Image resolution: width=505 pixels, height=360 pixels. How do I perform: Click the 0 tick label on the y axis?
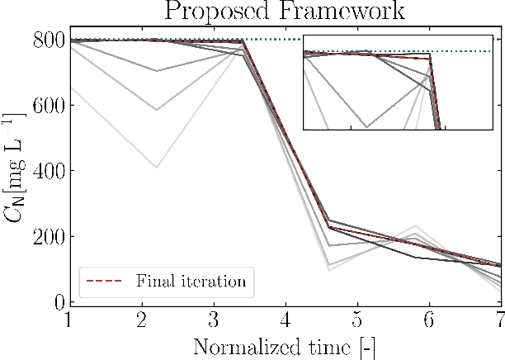pyautogui.click(x=50, y=302)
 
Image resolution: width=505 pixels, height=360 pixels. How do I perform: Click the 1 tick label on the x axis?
pyautogui.click(x=70, y=320)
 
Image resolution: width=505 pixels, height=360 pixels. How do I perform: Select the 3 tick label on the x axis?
pyautogui.click(x=214, y=320)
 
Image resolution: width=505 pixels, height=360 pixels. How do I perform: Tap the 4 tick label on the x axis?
pyautogui.click(x=286, y=320)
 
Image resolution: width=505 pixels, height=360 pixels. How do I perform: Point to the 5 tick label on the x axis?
pyautogui.click(x=356, y=320)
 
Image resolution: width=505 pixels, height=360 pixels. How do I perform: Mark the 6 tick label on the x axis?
pyautogui.click(x=428, y=320)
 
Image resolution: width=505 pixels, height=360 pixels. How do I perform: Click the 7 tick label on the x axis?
pyautogui.click(x=498, y=320)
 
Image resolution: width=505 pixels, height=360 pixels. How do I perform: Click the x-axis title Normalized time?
pyautogui.click(x=285, y=345)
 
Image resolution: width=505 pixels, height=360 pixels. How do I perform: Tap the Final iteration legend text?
pyautogui.click(x=196, y=282)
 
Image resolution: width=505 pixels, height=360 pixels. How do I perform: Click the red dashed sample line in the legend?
pyautogui.click(x=104, y=282)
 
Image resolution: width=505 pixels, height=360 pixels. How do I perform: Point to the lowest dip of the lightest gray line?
pyautogui.click(x=157, y=168)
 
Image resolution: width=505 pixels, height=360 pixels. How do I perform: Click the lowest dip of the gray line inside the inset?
pyautogui.click(x=366, y=127)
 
